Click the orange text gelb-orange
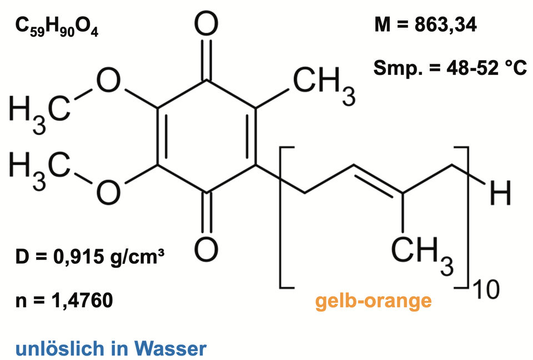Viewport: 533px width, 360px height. click(373, 301)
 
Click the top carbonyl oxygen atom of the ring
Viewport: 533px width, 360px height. click(207, 26)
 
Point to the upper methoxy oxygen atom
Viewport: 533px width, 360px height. click(109, 83)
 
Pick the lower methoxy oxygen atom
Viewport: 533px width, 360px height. click(109, 192)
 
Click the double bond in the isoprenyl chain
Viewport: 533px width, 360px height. click(378, 178)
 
